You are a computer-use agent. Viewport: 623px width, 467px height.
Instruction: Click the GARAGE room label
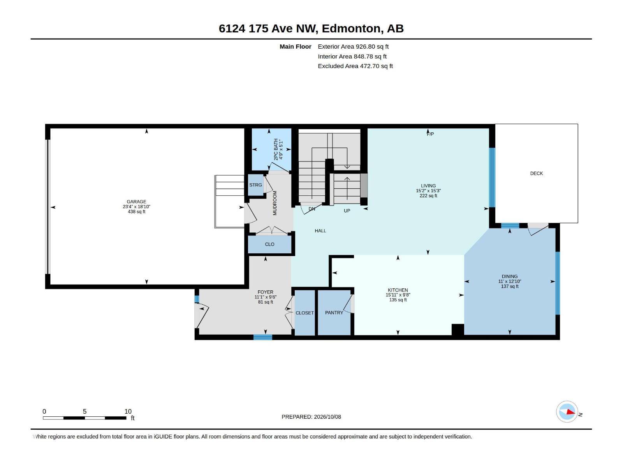click(136, 202)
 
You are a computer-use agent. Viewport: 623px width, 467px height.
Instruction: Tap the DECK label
click(536, 173)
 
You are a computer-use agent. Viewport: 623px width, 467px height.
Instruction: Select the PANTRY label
click(334, 313)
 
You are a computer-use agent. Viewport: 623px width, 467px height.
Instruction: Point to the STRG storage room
click(255, 185)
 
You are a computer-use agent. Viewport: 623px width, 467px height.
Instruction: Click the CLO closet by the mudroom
click(269, 244)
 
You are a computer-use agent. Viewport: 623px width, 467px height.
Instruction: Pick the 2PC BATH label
click(276, 149)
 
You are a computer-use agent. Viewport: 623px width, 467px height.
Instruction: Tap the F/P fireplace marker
click(430, 134)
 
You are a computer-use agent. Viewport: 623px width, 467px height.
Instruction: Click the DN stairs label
click(311, 209)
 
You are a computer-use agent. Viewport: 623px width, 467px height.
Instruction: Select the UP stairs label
click(347, 211)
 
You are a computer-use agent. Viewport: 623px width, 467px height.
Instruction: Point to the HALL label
click(320, 231)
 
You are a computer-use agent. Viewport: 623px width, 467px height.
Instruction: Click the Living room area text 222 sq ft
click(428, 196)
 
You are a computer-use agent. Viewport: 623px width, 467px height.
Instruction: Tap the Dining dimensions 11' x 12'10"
click(509, 281)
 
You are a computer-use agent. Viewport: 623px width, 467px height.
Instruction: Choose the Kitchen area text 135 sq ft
click(398, 300)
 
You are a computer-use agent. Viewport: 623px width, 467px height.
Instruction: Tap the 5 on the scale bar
click(84, 411)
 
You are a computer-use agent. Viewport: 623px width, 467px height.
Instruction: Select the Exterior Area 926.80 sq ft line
click(353, 46)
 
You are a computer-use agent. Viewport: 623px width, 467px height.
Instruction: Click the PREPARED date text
click(311, 416)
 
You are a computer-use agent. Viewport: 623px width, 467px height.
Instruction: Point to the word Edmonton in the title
click(351, 28)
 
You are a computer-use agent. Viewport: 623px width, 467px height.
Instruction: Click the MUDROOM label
click(275, 203)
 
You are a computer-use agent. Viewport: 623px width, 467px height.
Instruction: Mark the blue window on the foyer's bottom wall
click(262, 337)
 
